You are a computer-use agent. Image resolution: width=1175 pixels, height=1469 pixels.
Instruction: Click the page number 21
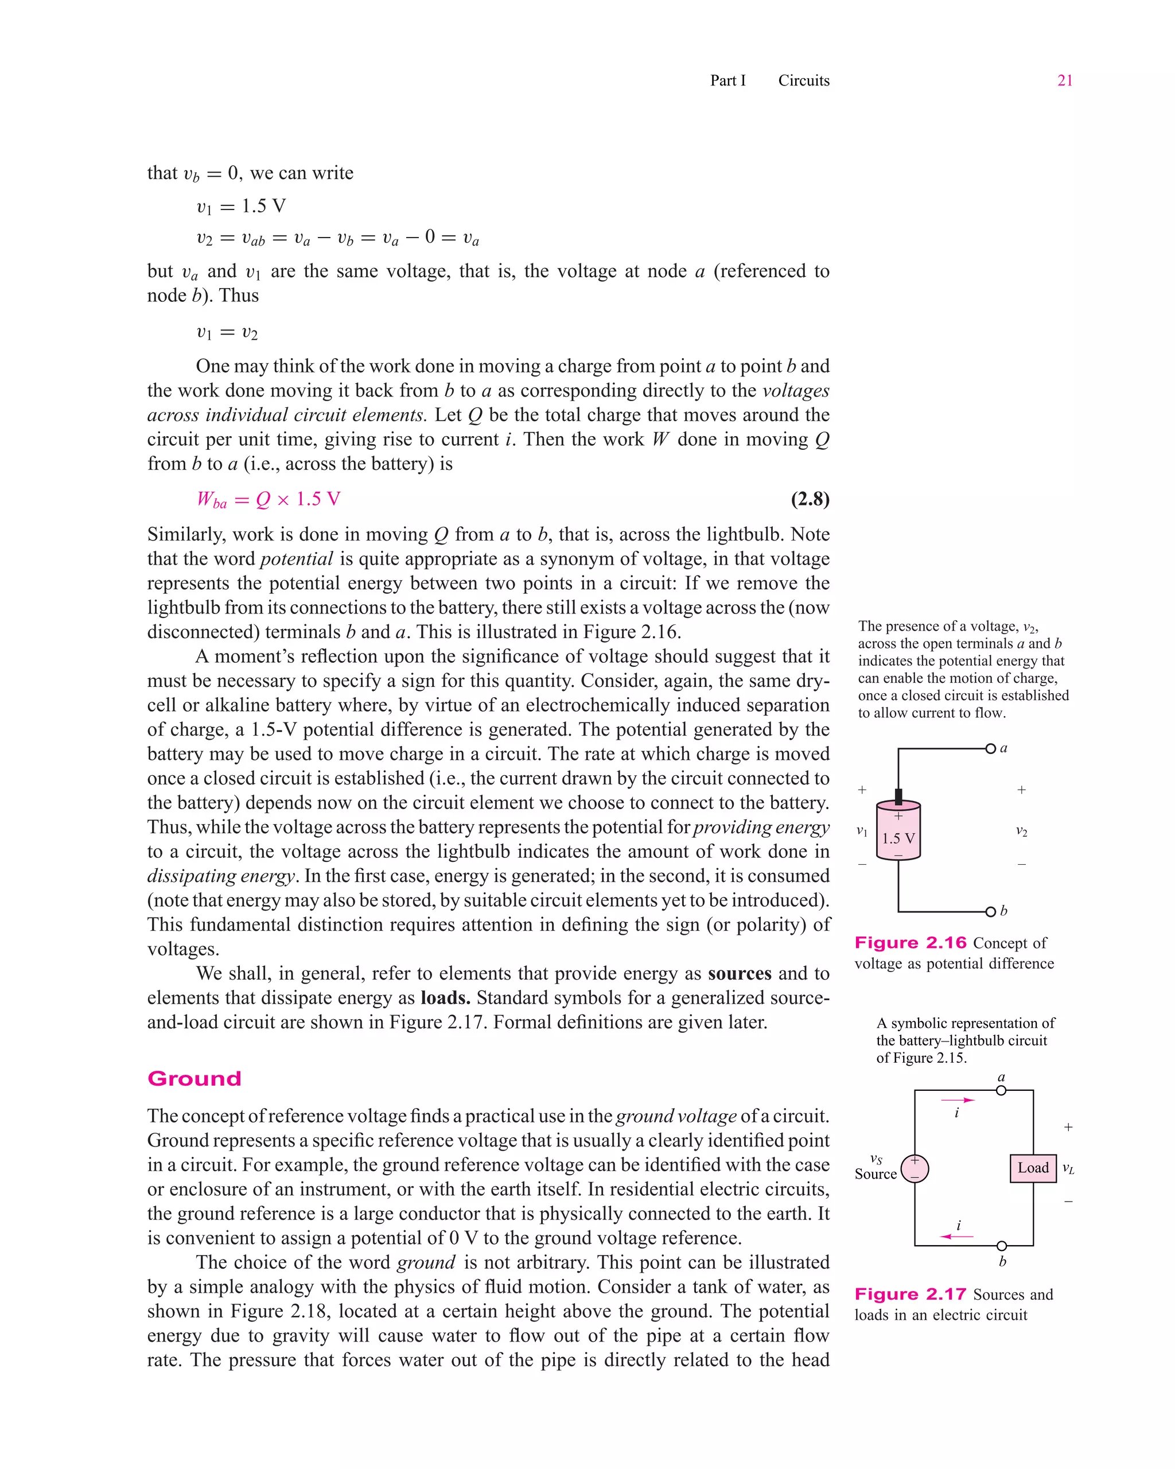point(1065,80)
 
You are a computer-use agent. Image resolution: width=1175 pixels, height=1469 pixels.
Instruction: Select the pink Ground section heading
point(194,1079)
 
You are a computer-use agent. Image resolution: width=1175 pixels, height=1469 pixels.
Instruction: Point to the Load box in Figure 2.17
point(1033,1168)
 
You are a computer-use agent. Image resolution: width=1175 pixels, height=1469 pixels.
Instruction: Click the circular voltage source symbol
point(915,1168)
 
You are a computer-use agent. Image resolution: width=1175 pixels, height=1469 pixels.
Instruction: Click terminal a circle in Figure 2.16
point(990,749)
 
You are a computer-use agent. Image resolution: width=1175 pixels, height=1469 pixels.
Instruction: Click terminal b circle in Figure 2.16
point(990,912)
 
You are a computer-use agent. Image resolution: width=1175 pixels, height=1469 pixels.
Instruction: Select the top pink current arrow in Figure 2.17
point(958,1099)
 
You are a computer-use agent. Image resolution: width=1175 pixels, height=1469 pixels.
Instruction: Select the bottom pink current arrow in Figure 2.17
point(957,1236)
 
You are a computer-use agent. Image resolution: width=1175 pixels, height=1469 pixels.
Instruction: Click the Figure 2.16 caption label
point(911,943)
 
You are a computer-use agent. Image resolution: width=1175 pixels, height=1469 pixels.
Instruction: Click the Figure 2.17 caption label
point(911,1295)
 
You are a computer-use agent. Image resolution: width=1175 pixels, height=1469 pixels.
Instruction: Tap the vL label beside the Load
point(1068,1169)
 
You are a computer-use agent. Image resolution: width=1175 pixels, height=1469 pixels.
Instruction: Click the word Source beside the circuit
point(876,1174)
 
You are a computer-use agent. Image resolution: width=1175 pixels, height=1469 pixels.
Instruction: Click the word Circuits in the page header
point(804,80)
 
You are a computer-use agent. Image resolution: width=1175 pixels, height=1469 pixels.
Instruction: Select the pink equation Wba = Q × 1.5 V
point(269,499)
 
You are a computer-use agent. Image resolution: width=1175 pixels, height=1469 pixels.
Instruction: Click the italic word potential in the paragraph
point(296,559)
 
